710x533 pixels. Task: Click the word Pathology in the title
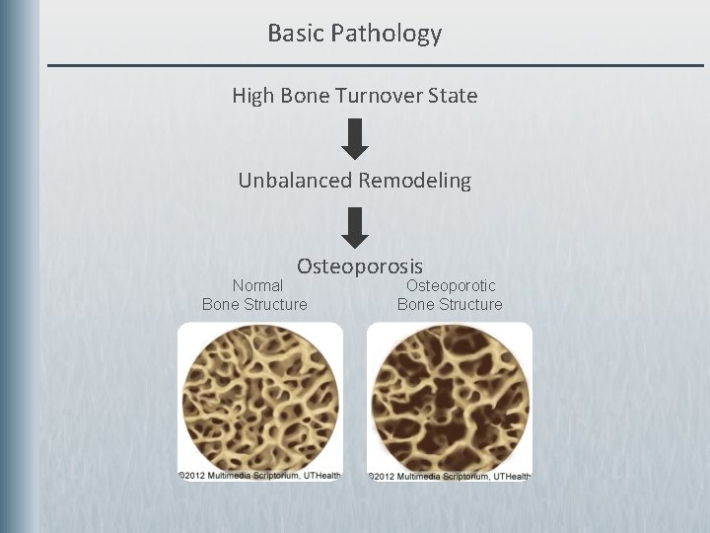[387, 35]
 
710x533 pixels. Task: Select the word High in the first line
[252, 96]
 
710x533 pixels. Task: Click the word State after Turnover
[452, 96]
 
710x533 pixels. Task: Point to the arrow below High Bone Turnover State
[355, 139]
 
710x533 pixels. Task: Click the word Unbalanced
[295, 181]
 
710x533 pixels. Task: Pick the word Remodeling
[415, 181]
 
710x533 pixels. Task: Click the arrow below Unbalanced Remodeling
[355, 226]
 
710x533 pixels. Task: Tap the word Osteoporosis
[360, 266]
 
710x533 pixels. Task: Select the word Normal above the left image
[256, 285]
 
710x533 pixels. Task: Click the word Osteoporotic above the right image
[451, 285]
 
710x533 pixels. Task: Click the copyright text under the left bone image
[260, 475]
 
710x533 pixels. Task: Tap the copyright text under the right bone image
[450, 476]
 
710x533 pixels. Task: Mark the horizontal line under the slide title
[375, 65]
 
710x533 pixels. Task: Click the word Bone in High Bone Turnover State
[309, 96]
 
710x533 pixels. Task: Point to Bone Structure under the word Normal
[254, 304]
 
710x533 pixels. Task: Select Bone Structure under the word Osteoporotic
[450, 304]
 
